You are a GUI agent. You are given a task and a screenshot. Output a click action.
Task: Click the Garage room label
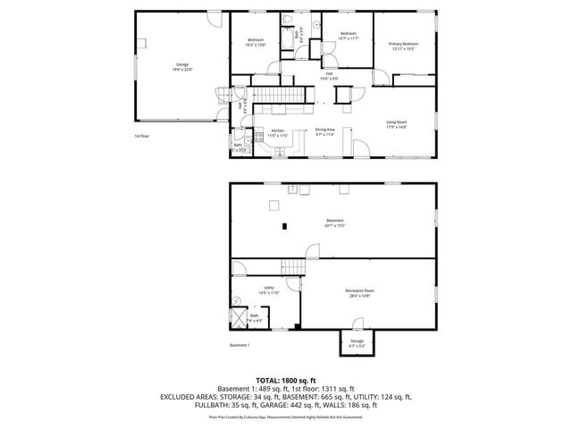coord(183,63)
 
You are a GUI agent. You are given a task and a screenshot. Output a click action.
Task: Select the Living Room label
coord(396,124)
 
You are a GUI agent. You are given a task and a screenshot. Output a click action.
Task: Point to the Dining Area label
coord(324,130)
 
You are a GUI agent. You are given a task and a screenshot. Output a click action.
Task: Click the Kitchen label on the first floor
coord(278,130)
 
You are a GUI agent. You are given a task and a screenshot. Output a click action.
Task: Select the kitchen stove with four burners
coord(257,139)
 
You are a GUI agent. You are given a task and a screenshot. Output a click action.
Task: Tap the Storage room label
coord(357,340)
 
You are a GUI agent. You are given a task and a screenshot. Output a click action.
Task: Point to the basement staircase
coord(293,266)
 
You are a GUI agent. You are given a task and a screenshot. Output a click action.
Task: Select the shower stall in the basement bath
coord(239,316)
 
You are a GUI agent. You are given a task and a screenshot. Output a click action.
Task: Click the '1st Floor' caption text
coord(142,137)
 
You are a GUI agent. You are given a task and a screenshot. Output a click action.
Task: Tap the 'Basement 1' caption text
coord(239,345)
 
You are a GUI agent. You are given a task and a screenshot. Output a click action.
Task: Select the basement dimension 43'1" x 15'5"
coord(334,225)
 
